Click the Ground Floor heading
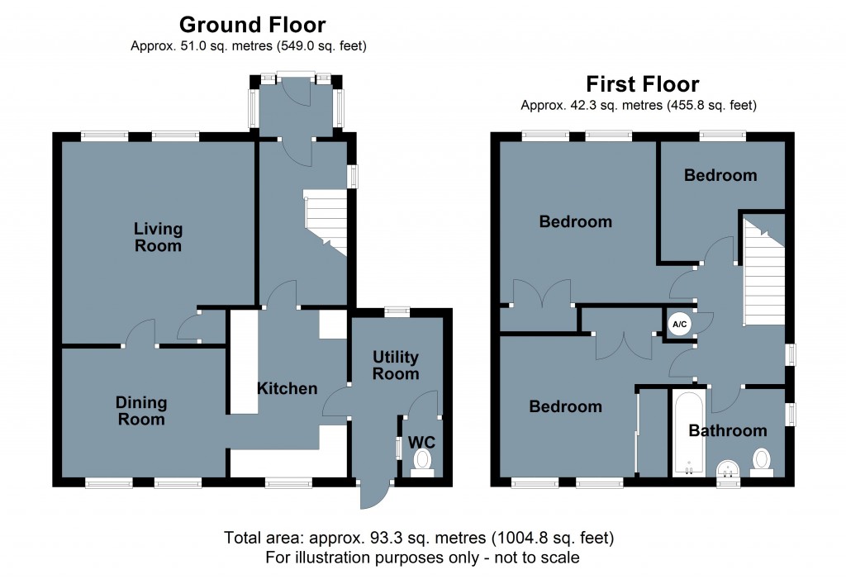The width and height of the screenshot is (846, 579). (253, 25)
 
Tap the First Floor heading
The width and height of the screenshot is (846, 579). (643, 84)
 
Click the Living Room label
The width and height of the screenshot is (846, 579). (158, 237)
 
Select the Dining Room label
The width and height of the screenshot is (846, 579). (141, 411)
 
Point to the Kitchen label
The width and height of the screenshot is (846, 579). (287, 388)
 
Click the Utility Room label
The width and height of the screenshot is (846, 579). (396, 365)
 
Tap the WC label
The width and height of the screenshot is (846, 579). (421, 443)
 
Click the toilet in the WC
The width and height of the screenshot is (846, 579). (422, 463)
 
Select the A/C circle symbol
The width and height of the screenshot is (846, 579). (679, 325)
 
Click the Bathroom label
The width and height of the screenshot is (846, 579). (728, 430)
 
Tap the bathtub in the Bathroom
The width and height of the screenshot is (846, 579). (688, 434)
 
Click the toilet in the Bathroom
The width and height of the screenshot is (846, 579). (761, 463)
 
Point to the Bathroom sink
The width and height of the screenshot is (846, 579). (729, 469)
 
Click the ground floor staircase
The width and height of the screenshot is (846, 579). (325, 222)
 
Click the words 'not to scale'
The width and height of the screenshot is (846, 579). (537, 558)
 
